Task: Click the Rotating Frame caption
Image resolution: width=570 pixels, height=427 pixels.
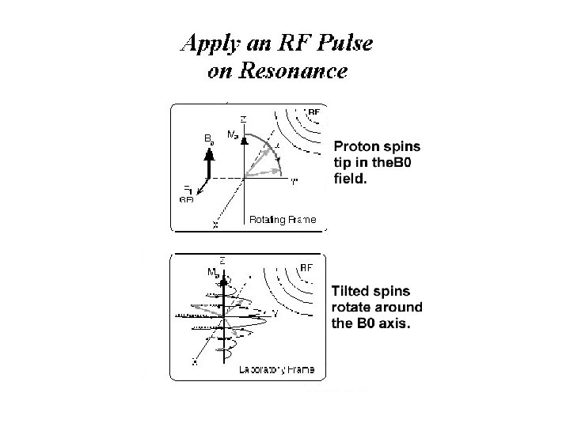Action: point(283,219)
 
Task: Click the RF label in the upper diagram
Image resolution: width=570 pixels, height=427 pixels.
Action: point(313,112)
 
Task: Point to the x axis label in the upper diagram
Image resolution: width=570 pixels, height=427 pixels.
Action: point(215,225)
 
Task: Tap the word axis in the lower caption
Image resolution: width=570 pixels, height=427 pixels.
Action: point(388,323)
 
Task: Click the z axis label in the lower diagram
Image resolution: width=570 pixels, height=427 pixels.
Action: point(223,260)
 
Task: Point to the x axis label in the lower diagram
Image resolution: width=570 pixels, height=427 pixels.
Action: point(195,363)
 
